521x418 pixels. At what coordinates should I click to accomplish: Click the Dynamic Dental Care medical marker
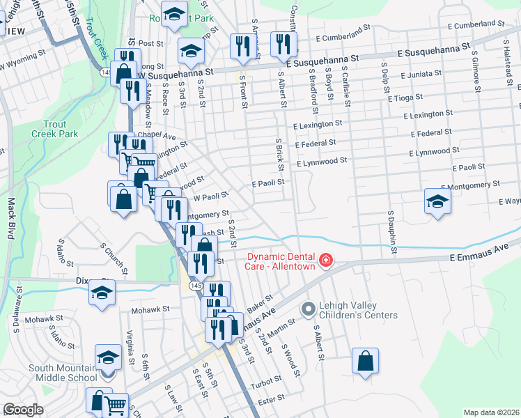click(x=325, y=261)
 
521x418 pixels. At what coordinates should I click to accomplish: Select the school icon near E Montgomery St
click(x=437, y=201)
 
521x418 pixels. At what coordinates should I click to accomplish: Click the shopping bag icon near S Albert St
click(x=365, y=360)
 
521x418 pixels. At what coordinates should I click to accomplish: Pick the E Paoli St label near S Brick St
click(x=268, y=183)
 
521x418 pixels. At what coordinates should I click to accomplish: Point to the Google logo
click(x=23, y=410)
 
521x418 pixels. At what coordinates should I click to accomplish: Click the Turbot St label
click(x=266, y=382)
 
